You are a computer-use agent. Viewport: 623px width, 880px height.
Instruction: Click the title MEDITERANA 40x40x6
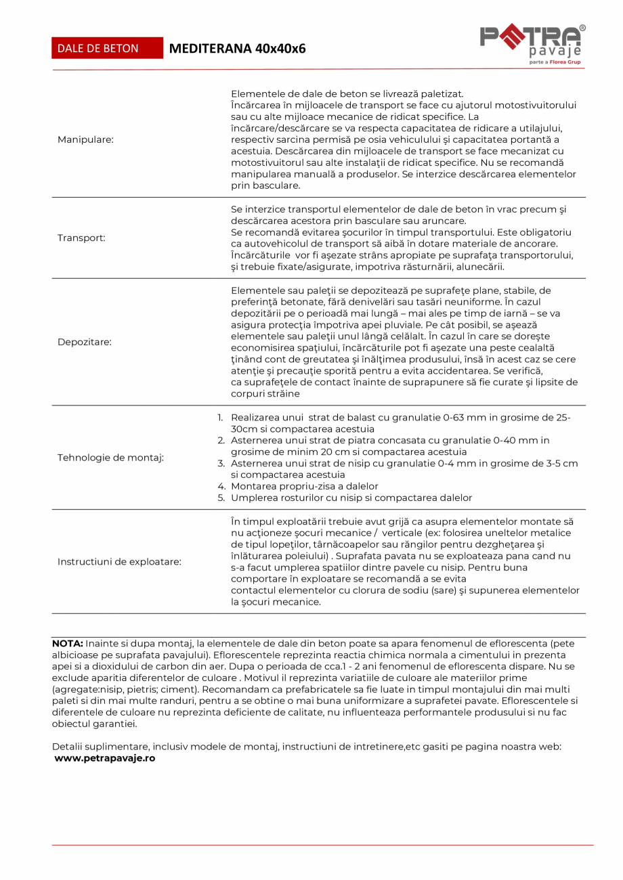click(237, 48)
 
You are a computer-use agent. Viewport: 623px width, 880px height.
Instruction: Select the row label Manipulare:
click(86, 139)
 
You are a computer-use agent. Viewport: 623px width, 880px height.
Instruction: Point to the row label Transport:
click(81, 238)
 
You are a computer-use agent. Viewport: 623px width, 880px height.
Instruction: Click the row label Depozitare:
click(85, 342)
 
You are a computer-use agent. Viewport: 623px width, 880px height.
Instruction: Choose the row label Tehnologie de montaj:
click(110, 458)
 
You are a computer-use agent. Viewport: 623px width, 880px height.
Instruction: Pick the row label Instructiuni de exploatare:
click(119, 562)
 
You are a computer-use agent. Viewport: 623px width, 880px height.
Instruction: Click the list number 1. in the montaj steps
click(220, 418)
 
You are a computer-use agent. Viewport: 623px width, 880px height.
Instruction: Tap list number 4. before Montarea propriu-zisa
click(221, 486)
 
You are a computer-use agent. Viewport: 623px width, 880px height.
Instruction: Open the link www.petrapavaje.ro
click(105, 758)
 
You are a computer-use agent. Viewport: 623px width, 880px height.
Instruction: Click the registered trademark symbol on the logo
click(583, 28)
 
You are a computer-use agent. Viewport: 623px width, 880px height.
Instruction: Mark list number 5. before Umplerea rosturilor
click(221, 498)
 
